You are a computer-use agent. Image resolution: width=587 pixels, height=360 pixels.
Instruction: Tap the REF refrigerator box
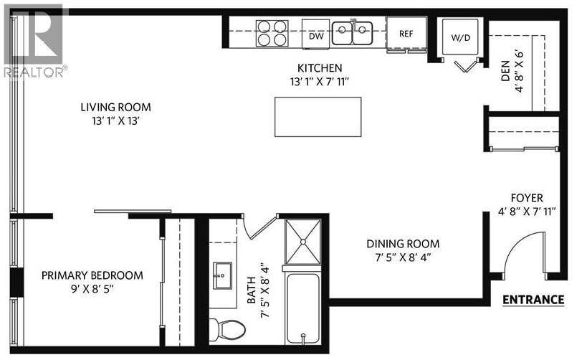pyautogui.click(x=406, y=32)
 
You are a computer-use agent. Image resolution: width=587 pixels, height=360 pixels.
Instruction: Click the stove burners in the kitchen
pyautogui.click(x=272, y=33)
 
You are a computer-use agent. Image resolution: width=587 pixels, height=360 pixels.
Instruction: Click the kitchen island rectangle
pyautogui.click(x=318, y=117)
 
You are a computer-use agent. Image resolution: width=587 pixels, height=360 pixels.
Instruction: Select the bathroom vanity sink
pyautogui.click(x=221, y=275)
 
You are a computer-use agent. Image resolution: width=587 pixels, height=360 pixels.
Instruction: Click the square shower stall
pyautogui.click(x=304, y=241)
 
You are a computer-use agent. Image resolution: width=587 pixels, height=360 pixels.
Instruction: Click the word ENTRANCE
pyautogui.click(x=533, y=300)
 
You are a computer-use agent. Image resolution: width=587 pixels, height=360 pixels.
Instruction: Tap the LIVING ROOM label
pyautogui.click(x=115, y=108)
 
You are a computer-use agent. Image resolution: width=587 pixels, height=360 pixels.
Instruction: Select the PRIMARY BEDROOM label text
pyautogui.click(x=92, y=275)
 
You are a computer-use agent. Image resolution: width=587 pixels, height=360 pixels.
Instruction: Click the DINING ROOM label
pyautogui.click(x=403, y=244)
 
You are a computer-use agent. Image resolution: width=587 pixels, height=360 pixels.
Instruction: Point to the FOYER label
pyautogui.click(x=526, y=198)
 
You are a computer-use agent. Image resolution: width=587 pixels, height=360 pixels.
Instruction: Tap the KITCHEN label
pyautogui.click(x=320, y=68)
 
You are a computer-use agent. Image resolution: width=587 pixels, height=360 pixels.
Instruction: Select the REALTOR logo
pyautogui.click(x=34, y=40)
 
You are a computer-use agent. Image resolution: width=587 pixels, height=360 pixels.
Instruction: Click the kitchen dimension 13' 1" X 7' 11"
pyautogui.click(x=320, y=82)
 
